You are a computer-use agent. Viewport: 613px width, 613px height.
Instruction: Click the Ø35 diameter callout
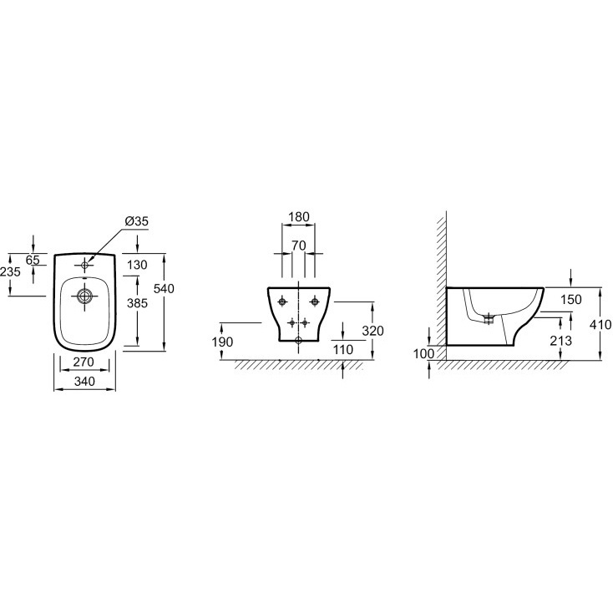(137, 221)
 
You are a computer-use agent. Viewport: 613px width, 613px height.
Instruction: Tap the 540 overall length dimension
(164, 289)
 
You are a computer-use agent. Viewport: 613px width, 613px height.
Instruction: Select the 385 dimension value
(137, 303)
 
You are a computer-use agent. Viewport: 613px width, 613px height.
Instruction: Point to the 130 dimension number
(137, 265)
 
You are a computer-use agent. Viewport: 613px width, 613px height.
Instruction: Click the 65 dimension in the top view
(33, 260)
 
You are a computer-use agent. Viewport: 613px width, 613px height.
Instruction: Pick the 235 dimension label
(10, 271)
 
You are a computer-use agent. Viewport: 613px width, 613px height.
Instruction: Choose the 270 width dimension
(84, 362)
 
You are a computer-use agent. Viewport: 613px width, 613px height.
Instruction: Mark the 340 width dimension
(84, 381)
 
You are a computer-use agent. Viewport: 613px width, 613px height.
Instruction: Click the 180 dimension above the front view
(299, 216)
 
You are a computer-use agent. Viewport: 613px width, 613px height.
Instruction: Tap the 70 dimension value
(299, 246)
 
